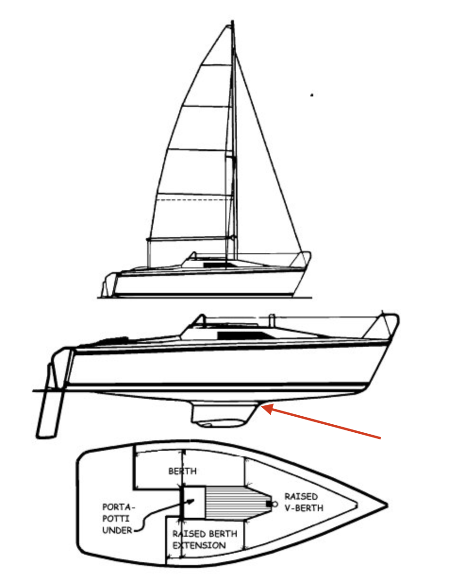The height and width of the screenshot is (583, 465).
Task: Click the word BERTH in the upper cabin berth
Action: [182, 471]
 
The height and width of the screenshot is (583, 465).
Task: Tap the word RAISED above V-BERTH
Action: [301, 497]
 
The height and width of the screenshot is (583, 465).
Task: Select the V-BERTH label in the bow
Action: [304, 508]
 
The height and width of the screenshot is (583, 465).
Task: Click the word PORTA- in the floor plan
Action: [118, 507]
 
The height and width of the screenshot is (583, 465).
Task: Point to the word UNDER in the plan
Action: [117, 530]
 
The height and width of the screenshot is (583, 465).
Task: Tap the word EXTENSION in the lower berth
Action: [199, 545]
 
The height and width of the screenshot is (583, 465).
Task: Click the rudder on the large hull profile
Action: [50, 406]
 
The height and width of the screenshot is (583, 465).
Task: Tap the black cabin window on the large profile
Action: [245, 335]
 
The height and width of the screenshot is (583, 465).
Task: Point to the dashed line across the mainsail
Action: [194, 200]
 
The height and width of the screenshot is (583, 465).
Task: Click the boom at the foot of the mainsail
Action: [191, 239]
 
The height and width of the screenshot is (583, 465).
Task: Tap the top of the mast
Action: [232, 21]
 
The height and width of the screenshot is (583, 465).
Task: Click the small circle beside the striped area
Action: [275, 504]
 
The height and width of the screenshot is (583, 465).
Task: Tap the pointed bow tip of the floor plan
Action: [387, 505]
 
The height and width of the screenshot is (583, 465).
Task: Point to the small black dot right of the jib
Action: [312, 95]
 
